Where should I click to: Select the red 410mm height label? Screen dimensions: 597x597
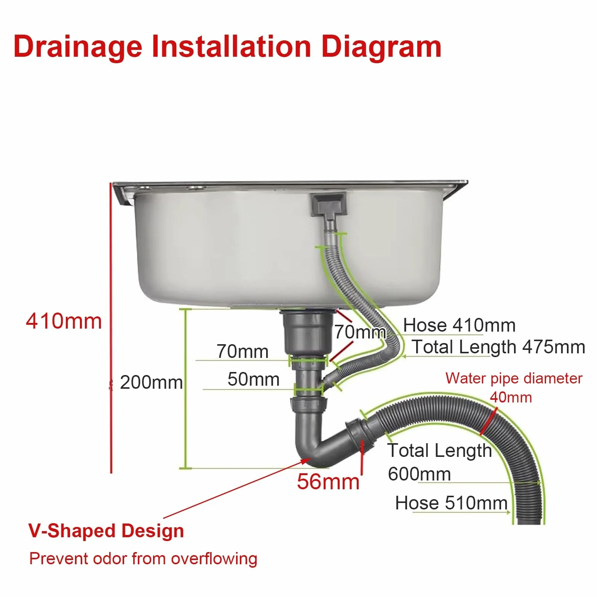coord(64,321)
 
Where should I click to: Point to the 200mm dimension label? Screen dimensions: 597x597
coord(151,382)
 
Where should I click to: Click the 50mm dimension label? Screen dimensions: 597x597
coord(254,379)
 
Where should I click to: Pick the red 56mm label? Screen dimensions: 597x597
coord(328,481)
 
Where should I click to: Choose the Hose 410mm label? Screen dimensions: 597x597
coord(460,325)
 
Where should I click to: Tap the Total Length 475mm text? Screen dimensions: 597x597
coord(498,347)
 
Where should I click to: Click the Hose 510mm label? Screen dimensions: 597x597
coord(452,503)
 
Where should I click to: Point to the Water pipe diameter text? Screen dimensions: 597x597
coord(514,378)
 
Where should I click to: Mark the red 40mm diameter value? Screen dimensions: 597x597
coord(511,397)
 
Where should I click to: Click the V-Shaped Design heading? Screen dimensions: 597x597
coord(106,531)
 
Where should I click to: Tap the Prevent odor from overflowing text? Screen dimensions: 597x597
coord(144,559)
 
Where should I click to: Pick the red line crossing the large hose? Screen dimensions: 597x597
coord(488,421)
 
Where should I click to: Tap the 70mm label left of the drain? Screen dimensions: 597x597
coord(243,351)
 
